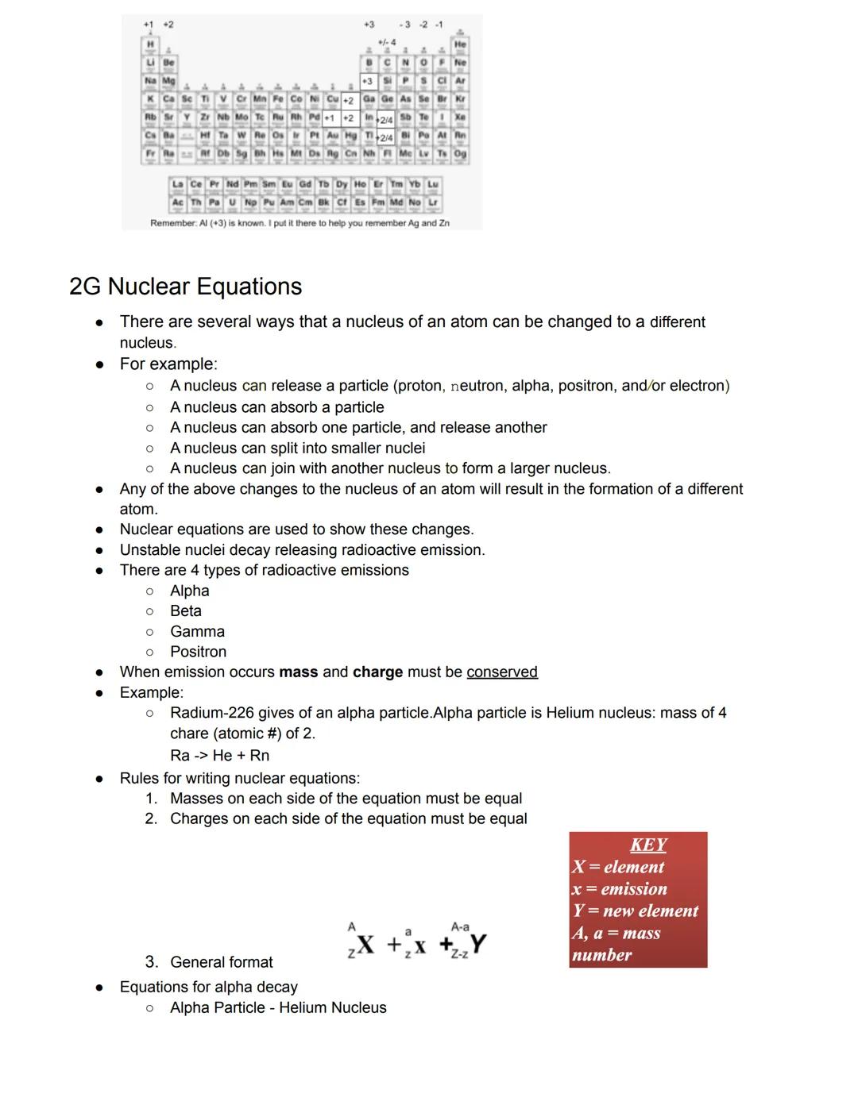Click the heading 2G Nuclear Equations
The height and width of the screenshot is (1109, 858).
[x=185, y=286]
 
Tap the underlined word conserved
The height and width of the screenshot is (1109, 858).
[x=501, y=672]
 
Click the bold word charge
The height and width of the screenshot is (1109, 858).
[x=377, y=672]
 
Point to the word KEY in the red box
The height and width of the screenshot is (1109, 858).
[x=648, y=845]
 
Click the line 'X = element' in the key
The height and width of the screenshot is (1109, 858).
[x=618, y=867]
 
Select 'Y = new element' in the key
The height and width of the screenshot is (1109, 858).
[x=635, y=911]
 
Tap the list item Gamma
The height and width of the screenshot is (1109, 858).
[x=197, y=631]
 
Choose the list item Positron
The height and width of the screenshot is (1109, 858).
[x=198, y=652]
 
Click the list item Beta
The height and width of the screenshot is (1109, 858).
[x=185, y=610]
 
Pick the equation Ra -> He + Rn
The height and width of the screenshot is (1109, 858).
[x=219, y=755]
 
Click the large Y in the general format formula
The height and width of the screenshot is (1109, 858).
[x=477, y=943]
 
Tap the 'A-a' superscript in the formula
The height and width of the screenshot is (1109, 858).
[x=459, y=926]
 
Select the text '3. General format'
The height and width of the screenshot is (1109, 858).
[x=209, y=962]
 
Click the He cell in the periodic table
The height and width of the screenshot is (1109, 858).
[x=460, y=45]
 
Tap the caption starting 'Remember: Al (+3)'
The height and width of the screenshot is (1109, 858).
[x=300, y=223]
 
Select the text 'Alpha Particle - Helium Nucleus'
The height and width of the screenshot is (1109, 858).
[x=278, y=1007]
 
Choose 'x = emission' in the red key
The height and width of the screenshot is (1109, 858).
[x=620, y=889]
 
